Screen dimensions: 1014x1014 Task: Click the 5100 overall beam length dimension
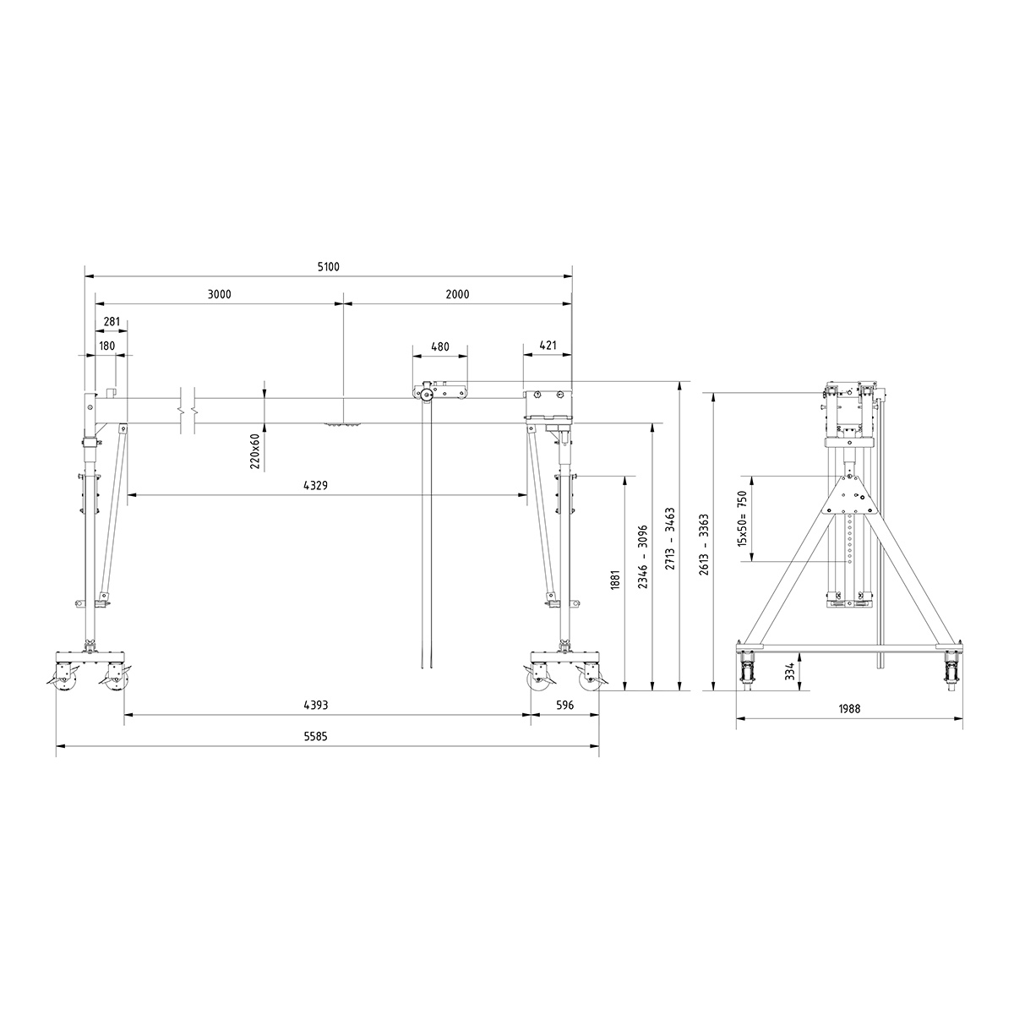(328, 267)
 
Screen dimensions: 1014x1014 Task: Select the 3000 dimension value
(219, 294)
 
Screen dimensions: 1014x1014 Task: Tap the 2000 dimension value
(457, 294)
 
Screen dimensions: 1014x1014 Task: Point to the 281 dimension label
(112, 322)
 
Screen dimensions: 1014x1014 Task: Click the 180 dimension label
(106, 346)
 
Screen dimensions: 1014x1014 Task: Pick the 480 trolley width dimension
(439, 346)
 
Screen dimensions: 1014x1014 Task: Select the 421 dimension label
(548, 346)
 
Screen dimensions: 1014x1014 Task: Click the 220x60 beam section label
(254, 452)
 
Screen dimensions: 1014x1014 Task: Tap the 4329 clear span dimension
(316, 486)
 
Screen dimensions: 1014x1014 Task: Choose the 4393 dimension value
(315, 705)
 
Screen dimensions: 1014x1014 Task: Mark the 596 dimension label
(564, 705)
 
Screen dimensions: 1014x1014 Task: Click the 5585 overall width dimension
(315, 736)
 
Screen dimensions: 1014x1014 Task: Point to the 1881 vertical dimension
(615, 583)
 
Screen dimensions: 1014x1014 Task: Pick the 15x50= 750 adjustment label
(743, 518)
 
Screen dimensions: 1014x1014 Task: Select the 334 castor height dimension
(789, 671)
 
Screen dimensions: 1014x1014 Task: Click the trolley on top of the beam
(439, 392)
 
